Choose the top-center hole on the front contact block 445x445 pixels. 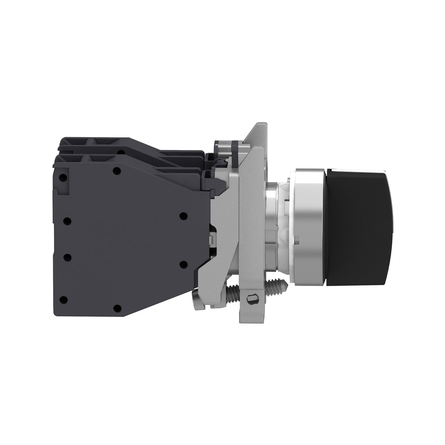point(117,171)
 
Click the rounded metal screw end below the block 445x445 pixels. point(197,303)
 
